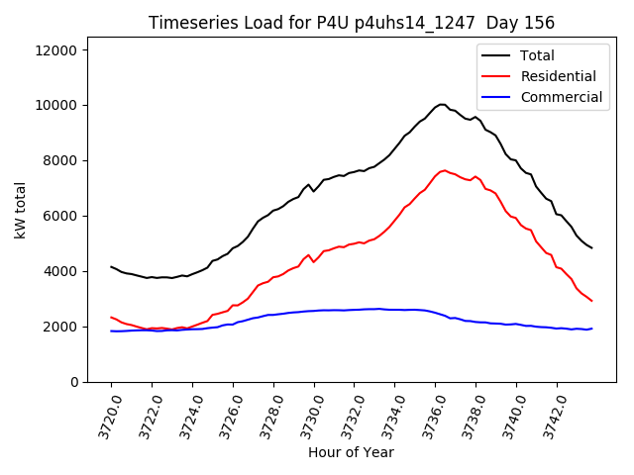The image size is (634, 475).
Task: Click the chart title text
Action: coord(352,23)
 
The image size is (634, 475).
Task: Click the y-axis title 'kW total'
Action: coord(20,215)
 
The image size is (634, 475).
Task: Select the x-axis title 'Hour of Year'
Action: coord(351,452)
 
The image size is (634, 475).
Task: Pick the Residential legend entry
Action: coord(558,76)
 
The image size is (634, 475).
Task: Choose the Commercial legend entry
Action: coord(561,97)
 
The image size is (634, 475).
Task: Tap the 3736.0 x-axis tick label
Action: coord(425,413)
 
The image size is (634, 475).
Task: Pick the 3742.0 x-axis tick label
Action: coord(546,413)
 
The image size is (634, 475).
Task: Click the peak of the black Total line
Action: coord(441,104)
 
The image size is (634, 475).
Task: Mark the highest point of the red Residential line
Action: coord(443,170)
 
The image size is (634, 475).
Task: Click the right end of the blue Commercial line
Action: coord(591,329)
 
